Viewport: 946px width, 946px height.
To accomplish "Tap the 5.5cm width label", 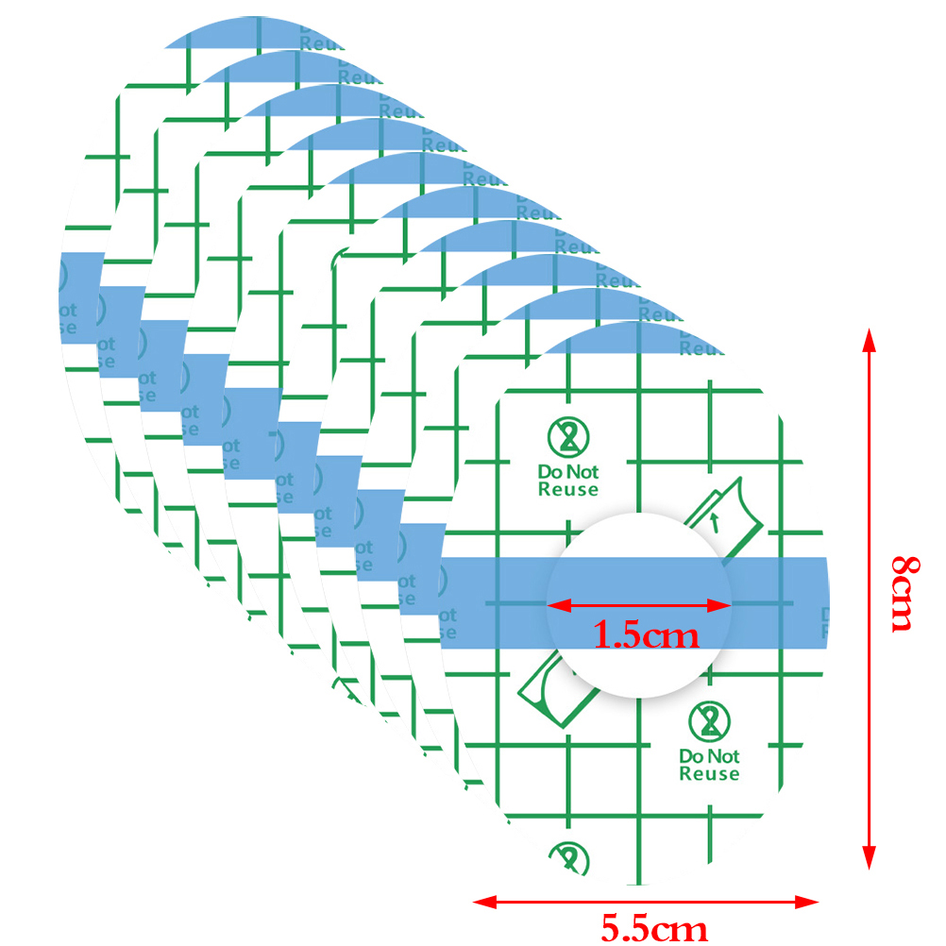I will [x=654, y=928].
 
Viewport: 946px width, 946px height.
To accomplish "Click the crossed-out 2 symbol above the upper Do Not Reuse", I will [x=568, y=437].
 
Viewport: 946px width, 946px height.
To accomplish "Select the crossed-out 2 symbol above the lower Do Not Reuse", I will [x=709, y=722].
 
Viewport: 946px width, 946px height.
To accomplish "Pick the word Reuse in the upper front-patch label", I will [x=568, y=489].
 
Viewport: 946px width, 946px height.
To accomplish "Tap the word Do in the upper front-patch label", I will [x=549, y=471].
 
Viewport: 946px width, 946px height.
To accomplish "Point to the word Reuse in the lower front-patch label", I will [x=709, y=774].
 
